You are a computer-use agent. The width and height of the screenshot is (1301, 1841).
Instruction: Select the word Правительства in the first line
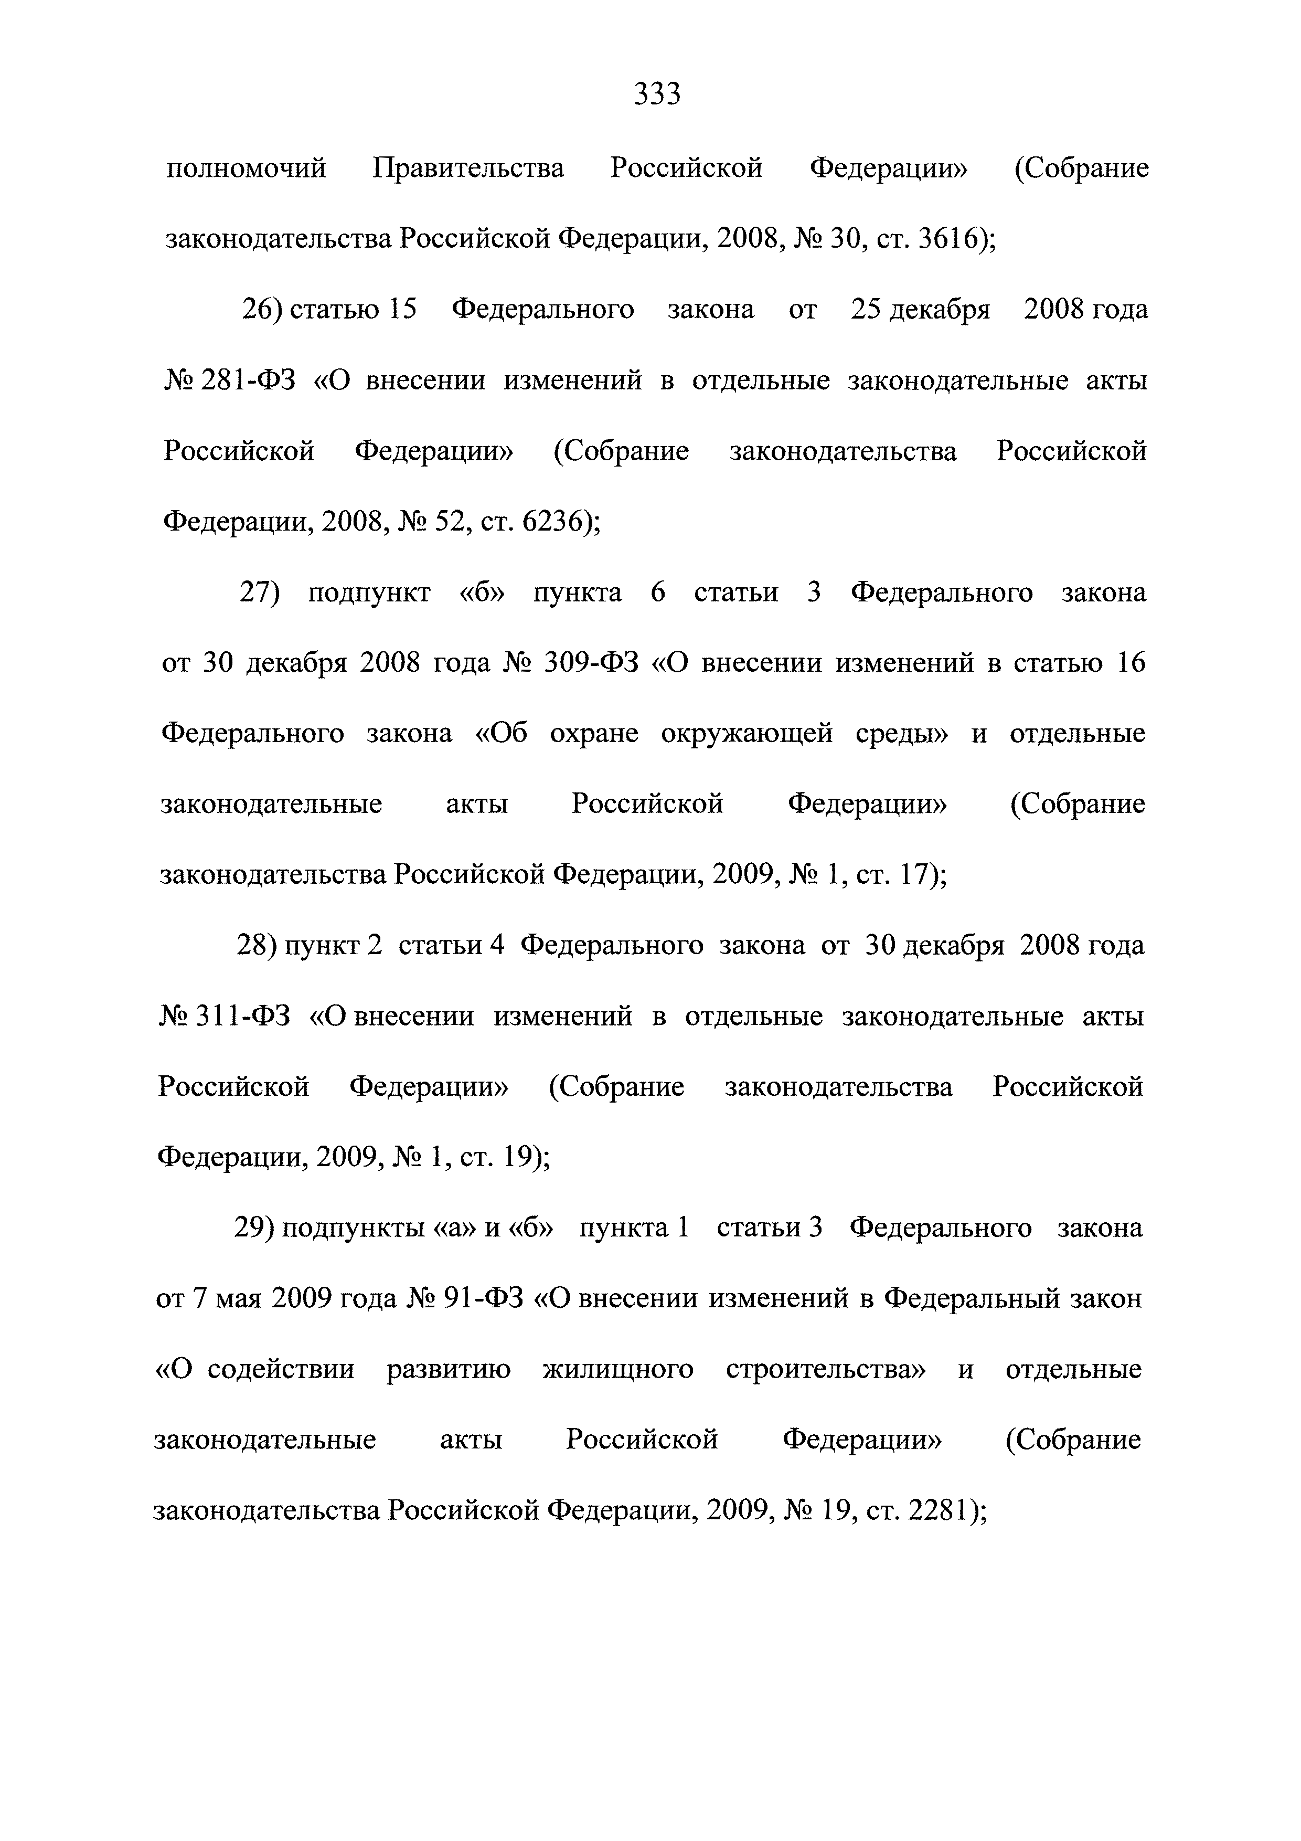(468, 168)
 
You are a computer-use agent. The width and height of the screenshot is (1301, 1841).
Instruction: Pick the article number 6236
(553, 522)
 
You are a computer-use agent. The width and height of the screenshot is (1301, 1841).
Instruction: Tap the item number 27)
(259, 592)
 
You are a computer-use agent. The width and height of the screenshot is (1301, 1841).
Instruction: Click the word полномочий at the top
(246, 168)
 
